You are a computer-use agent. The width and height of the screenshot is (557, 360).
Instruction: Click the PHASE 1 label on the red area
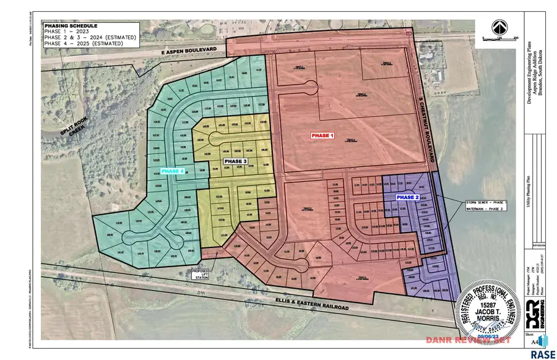click(322, 135)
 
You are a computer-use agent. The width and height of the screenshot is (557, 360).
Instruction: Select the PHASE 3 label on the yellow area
click(235, 161)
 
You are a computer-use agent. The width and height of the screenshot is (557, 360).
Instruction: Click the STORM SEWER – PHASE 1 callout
click(487, 202)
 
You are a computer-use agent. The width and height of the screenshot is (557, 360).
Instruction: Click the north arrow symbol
click(498, 27)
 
